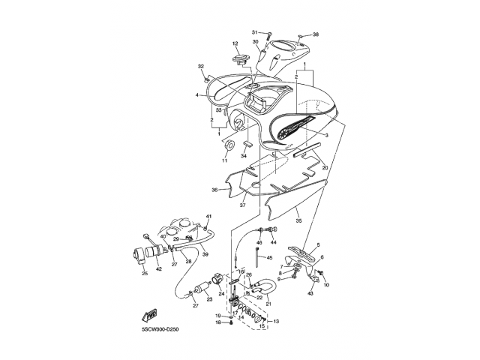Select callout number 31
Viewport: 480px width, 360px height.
point(255,32)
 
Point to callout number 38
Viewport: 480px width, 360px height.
point(316,34)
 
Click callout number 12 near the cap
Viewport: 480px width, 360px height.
point(235,43)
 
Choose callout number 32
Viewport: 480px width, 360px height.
point(201,67)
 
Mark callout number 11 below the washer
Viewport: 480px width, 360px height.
point(223,160)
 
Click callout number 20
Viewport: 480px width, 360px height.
point(325,168)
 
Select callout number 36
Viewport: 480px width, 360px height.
point(214,190)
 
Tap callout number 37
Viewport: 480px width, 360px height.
point(242,205)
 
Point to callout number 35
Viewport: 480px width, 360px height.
point(298,221)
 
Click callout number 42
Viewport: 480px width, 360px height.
point(158,268)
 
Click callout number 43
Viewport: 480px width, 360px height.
point(311,292)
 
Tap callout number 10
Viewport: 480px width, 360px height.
point(326,285)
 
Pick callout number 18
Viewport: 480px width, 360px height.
point(218,322)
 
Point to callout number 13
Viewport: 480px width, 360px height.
point(276,320)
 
